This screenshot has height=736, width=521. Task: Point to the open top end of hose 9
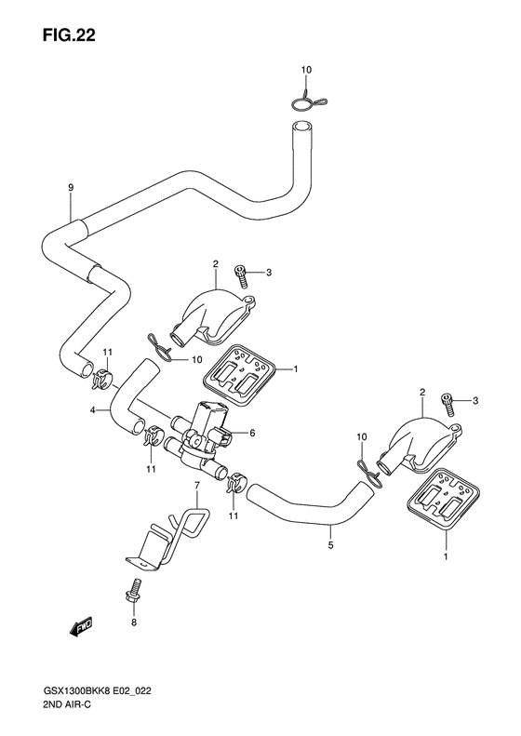[301, 127]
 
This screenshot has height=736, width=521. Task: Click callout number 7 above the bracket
[197, 485]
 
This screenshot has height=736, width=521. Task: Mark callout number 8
[133, 622]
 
